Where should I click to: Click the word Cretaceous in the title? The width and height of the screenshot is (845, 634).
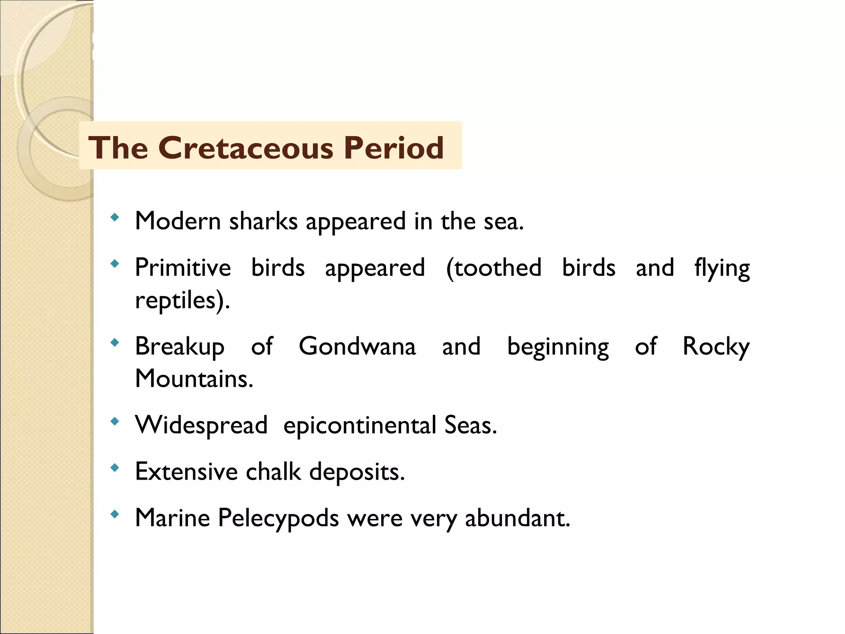[x=245, y=148]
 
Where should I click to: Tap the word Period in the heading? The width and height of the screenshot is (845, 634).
[x=394, y=148]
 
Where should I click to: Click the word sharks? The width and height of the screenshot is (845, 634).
[x=263, y=221]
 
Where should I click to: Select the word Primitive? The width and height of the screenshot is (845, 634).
[x=183, y=267]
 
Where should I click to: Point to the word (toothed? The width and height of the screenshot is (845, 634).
[x=494, y=267]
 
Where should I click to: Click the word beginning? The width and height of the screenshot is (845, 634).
[x=558, y=347]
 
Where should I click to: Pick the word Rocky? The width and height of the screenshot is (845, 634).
[x=716, y=347]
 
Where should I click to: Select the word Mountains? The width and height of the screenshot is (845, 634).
[x=194, y=379]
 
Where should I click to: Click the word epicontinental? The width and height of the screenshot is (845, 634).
[x=360, y=426]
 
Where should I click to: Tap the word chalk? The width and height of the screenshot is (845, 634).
[x=274, y=471]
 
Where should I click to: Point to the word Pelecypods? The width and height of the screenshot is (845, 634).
[x=279, y=518]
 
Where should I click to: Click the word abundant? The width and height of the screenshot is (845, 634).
[x=517, y=518]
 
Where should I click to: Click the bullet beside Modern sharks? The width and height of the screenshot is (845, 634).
[x=115, y=217]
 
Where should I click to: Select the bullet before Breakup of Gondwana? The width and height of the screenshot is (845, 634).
[x=115, y=342]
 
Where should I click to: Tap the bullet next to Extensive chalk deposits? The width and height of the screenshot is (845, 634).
[x=115, y=468]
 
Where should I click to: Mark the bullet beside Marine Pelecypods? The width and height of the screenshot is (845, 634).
[x=115, y=514]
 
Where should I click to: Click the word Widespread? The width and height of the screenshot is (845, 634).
[x=201, y=425]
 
